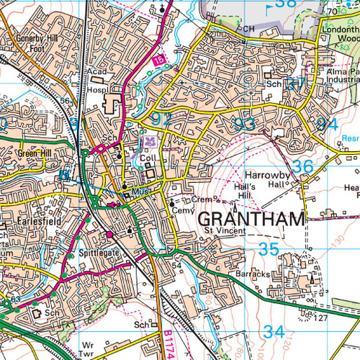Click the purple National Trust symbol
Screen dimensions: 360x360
pos(150,141)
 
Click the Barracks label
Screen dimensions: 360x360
pos(251,275)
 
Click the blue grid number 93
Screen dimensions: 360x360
pos(244,125)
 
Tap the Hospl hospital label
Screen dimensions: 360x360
pos(97,91)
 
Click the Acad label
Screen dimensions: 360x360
pos(96,73)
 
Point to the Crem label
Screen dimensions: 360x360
pos(200,199)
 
